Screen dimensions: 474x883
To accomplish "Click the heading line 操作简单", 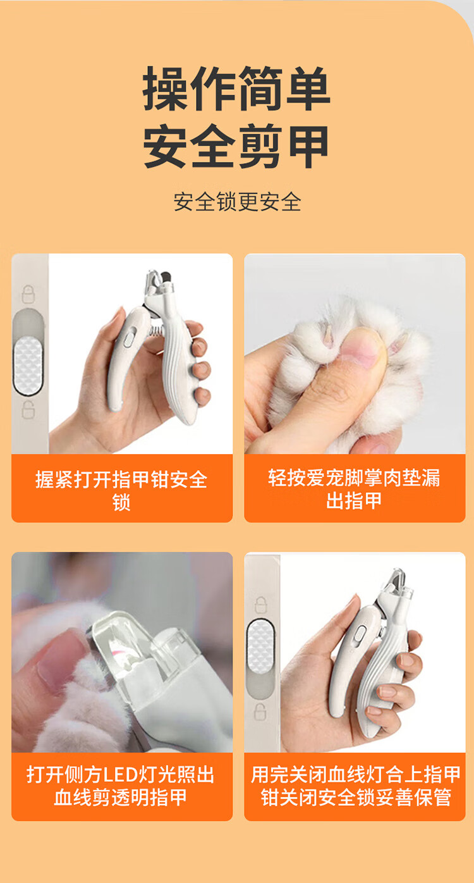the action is pyautogui.click(x=236, y=89).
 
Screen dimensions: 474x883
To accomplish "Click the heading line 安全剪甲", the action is pyautogui.click(x=236, y=146).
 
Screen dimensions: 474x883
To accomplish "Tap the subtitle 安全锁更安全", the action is pyautogui.click(x=237, y=201).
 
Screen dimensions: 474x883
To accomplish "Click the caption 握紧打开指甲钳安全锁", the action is pyautogui.click(x=121, y=490).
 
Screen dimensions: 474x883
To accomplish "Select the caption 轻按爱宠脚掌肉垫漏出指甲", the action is pyautogui.click(x=354, y=489).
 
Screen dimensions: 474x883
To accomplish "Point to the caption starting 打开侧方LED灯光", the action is pyautogui.click(x=121, y=786).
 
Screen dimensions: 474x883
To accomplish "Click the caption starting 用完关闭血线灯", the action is pyautogui.click(x=355, y=786).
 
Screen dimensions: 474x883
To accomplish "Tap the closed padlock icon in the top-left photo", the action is pyautogui.click(x=28, y=294).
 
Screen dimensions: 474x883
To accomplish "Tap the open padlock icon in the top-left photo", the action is pyautogui.click(x=28, y=410).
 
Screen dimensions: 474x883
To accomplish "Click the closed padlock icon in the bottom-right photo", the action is pyautogui.click(x=260, y=605).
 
